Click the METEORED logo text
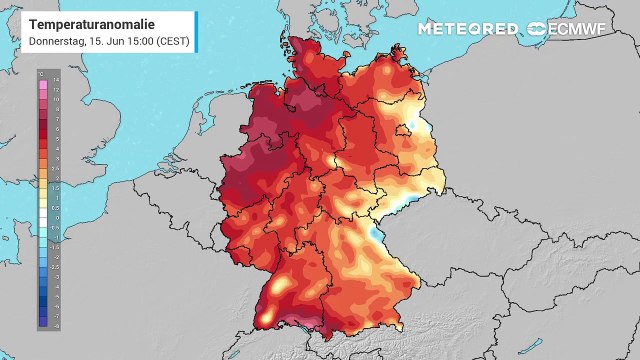coord(468,28)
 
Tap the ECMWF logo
coord(576,28)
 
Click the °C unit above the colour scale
coord(40,74)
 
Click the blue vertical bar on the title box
coord(195,31)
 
